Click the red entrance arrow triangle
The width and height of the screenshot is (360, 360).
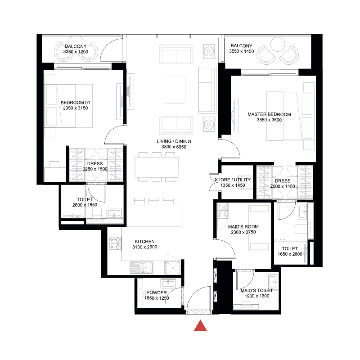coord(200,326)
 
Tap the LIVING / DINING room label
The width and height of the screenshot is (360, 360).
coord(174,142)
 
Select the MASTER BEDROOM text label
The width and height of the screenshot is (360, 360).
coord(269,114)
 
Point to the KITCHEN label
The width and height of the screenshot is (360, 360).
coord(144,242)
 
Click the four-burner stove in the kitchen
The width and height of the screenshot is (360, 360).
coord(116,244)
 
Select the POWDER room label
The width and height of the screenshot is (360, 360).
coord(157,292)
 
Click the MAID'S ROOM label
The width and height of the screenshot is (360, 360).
coord(243,226)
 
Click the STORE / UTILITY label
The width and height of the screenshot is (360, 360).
coord(232,180)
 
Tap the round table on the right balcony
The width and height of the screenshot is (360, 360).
coord(278,44)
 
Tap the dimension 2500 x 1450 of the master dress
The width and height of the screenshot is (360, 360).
coord(283,186)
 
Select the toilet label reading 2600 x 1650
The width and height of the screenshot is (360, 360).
coord(85,205)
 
